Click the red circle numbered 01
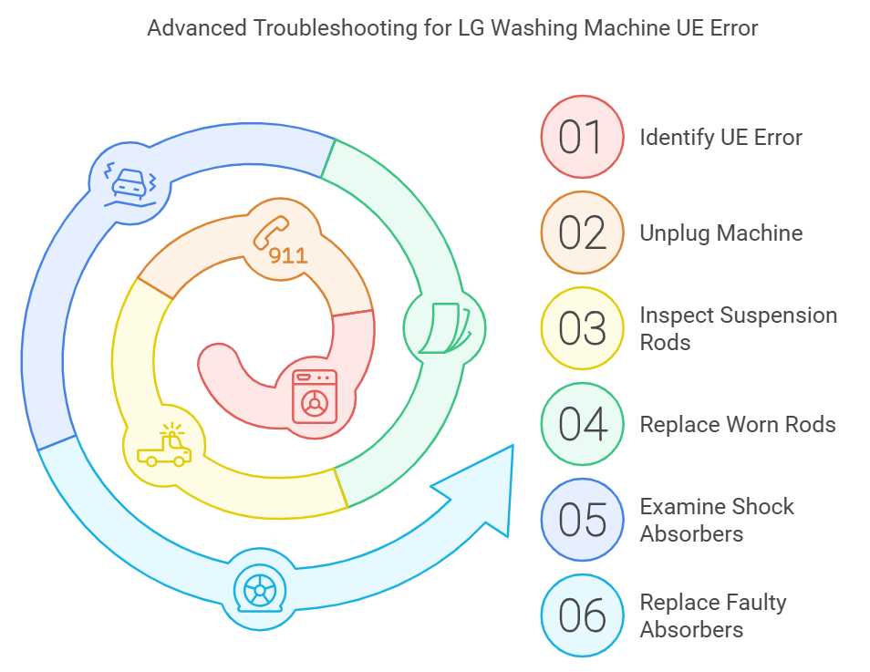pyautogui.click(x=582, y=138)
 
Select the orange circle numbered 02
pyautogui.click(x=582, y=233)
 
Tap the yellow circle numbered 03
pyautogui.click(x=582, y=329)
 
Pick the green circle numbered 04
pyautogui.click(x=582, y=425)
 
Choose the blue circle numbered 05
pyautogui.click(x=582, y=521)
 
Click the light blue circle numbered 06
pyautogui.click(x=582, y=616)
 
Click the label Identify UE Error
pyautogui.click(x=720, y=138)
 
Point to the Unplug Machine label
pyautogui.click(x=720, y=233)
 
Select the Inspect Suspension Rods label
pyautogui.click(x=738, y=329)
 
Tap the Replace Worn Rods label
pyautogui.click(x=737, y=425)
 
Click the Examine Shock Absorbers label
pyautogui.click(x=717, y=520)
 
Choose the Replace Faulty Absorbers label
pyautogui.click(x=712, y=615)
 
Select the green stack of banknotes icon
pyautogui.click(x=444, y=327)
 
